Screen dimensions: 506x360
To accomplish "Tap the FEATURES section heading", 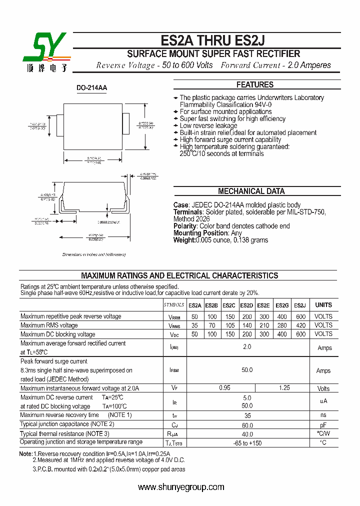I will (x=254, y=85).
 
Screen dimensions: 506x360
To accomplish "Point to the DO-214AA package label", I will (x=91, y=88).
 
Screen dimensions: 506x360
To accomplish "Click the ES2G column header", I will (x=282, y=305).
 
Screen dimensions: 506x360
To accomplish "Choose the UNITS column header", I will (x=323, y=305).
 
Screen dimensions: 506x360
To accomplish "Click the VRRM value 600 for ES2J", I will (x=300, y=316).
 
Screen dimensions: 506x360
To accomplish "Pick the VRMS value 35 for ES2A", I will (x=194, y=325).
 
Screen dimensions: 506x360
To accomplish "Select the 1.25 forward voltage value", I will (x=284, y=388).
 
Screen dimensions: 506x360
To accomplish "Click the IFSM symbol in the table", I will (x=174, y=370).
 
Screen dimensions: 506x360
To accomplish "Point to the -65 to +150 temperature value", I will (x=247, y=443).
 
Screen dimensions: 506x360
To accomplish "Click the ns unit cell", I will (x=323, y=415).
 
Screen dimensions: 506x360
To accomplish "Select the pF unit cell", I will (x=323, y=424).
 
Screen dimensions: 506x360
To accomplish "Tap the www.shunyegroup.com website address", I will (x=181, y=487).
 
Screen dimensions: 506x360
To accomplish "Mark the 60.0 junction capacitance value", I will (x=247, y=424).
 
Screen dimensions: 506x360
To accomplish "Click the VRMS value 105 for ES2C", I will (x=229, y=325).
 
